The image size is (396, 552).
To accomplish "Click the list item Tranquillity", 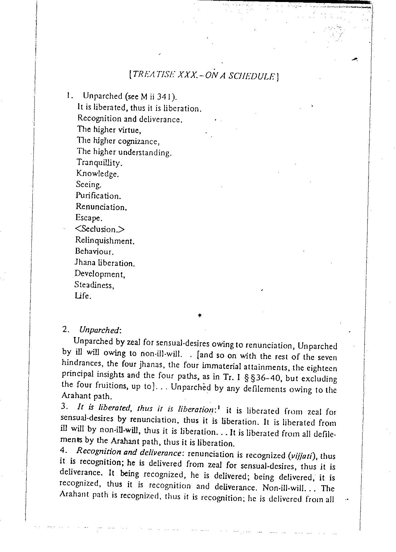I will coord(99,163).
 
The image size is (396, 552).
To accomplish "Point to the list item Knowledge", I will coord(97,174).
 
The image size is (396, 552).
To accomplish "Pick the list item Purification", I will coord(98,196).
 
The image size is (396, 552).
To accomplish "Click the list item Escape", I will coord(89,218).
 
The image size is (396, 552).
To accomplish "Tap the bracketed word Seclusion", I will coord(100,229).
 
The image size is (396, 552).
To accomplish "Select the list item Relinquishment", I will coord(105,240).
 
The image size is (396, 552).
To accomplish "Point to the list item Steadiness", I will coord(94,285).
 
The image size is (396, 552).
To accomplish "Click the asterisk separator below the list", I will coord(199,315).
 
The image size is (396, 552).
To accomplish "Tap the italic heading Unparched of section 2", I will coord(99,330).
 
